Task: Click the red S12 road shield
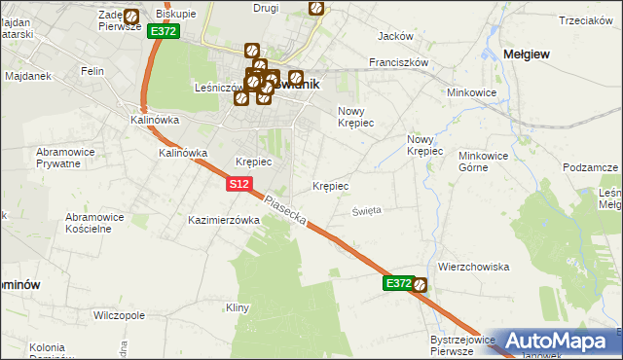click(x=241, y=184)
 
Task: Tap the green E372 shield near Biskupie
click(x=163, y=31)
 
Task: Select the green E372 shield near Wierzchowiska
click(x=397, y=283)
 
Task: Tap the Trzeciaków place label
click(x=584, y=21)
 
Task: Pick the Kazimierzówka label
click(x=224, y=220)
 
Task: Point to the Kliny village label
click(x=238, y=307)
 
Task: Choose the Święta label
click(x=367, y=209)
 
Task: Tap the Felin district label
click(x=93, y=71)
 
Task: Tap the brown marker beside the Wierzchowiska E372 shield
click(x=420, y=285)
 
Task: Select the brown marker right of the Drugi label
click(x=316, y=8)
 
